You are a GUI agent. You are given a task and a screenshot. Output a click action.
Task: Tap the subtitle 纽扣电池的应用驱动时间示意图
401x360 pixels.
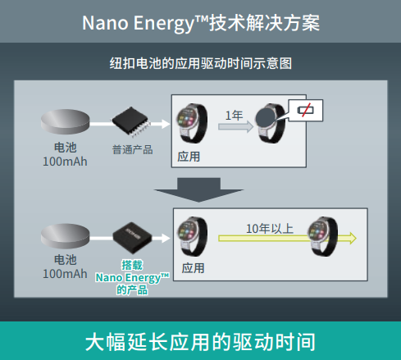tap(201, 62)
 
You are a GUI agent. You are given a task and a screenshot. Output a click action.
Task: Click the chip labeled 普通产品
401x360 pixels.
tap(132, 121)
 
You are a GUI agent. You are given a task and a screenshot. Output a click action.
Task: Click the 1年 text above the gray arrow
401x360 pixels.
tap(234, 116)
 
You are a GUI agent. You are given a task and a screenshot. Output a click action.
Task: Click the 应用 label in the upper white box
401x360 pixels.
tap(189, 156)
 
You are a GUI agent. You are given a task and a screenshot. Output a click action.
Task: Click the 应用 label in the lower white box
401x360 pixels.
tap(194, 268)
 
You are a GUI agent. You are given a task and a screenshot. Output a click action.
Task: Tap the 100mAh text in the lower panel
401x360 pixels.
tap(64, 273)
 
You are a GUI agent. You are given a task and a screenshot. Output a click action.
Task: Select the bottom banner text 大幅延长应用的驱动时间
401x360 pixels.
tap(200, 341)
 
